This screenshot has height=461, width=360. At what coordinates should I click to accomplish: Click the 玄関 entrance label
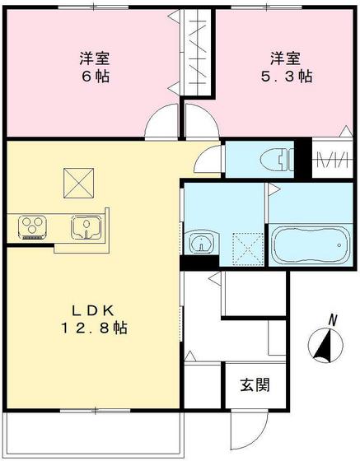(254, 385)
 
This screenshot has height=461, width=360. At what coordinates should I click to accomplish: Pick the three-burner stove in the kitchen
(31, 226)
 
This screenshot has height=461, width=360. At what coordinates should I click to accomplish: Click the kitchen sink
(86, 225)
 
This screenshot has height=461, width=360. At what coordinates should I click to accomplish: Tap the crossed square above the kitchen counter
(78, 181)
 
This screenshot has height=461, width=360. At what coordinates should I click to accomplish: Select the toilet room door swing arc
(213, 157)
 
